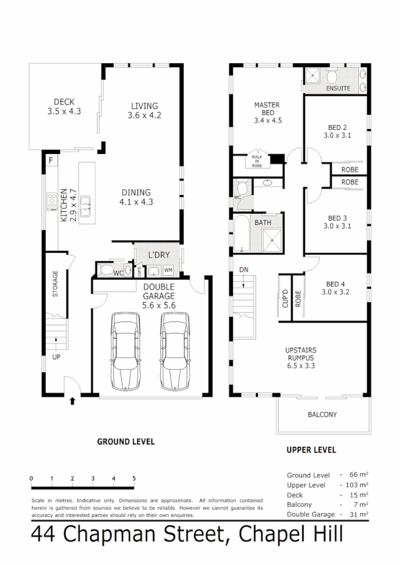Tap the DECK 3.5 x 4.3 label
pos(64,106)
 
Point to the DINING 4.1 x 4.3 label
pos(136,197)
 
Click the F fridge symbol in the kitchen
pos(50,160)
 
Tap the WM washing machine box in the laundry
pos(168,270)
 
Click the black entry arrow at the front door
pos(72,400)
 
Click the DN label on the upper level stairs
pos(244,269)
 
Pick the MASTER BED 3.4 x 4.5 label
pos(266,112)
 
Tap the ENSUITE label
pos(338,87)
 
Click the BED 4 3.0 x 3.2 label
pos(336,288)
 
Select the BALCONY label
pos(322,415)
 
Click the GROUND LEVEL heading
pos(126,441)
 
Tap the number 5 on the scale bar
pos(134,479)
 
